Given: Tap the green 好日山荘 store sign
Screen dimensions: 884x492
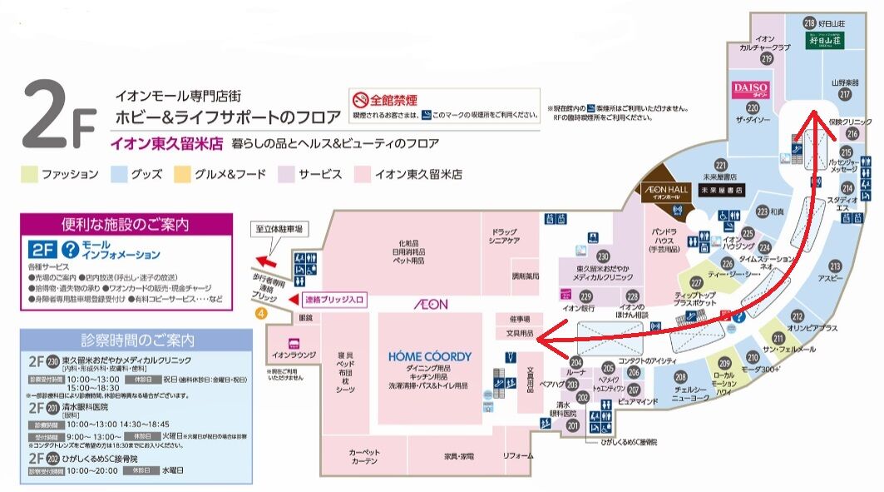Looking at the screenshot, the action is (x=825, y=39).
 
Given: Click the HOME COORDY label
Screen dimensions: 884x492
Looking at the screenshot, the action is (x=429, y=356).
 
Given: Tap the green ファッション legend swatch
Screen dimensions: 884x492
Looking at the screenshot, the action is (x=29, y=175).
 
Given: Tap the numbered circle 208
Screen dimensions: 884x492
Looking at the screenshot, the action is (x=679, y=376).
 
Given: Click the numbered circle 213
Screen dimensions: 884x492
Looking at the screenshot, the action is (x=834, y=266).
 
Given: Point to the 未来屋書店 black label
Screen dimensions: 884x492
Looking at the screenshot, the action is (x=719, y=190).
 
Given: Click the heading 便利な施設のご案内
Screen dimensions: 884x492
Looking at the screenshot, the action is (x=125, y=224).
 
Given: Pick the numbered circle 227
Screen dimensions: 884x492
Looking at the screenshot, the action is (x=696, y=283).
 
